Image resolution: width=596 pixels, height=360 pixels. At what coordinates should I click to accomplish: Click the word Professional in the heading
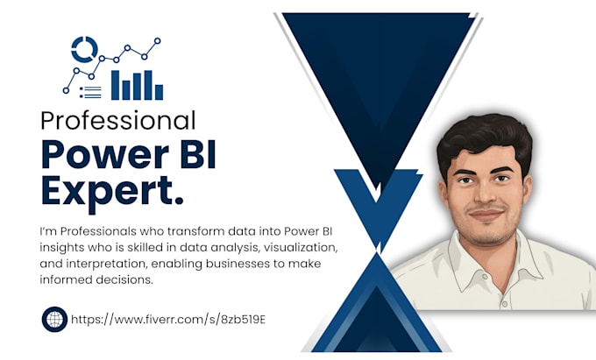[x=118, y=121]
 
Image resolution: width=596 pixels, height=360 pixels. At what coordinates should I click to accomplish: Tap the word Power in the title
[x=104, y=154]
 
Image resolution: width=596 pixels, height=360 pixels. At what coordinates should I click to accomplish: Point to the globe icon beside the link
[x=54, y=320]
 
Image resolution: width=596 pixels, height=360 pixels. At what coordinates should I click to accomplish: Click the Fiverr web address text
[x=168, y=320]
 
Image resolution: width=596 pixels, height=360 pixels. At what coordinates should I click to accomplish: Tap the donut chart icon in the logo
[x=84, y=50]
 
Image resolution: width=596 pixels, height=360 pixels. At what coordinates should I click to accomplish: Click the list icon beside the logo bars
[x=90, y=92]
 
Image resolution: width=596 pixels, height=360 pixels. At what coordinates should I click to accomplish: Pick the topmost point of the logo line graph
[x=158, y=40]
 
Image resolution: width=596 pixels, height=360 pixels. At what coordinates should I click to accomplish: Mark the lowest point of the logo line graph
[x=66, y=90]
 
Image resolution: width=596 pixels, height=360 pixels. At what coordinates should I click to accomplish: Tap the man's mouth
[x=486, y=215]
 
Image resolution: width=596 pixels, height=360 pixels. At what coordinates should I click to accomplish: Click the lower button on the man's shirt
[x=505, y=304]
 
